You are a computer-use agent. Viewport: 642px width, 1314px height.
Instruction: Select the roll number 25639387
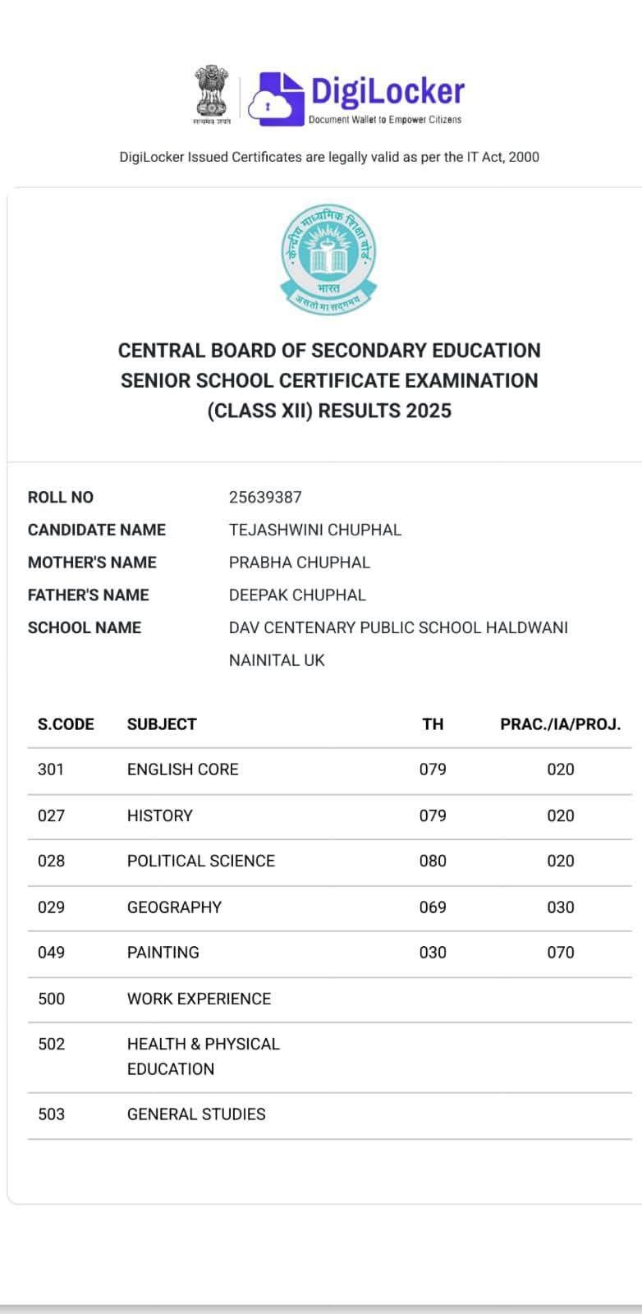[265, 497]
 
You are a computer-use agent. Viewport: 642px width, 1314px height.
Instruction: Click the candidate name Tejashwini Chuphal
[315, 530]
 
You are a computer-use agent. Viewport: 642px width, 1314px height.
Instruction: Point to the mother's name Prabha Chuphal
[300, 563]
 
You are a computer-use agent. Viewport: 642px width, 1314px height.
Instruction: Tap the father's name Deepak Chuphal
[297, 595]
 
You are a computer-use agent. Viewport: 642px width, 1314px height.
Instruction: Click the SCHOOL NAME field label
[85, 627]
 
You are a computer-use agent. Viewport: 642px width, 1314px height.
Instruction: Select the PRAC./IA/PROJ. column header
[561, 724]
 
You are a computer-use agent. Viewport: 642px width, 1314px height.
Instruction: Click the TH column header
[433, 724]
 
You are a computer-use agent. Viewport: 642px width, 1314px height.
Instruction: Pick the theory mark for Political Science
[433, 861]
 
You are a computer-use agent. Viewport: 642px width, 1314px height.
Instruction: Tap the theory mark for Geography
[433, 907]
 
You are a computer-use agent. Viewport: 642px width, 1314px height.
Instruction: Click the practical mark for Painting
[561, 953]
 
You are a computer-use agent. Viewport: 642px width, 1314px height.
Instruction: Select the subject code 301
[51, 770]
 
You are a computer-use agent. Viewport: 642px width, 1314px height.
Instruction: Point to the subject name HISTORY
[160, 816]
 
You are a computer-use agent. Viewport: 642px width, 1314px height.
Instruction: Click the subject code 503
[51, 1114]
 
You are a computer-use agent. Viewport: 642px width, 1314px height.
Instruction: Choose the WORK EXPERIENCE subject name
[199, 999]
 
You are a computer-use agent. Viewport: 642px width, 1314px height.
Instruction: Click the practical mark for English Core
[561, 770]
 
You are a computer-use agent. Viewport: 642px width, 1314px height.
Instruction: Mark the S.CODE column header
[66, 724]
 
